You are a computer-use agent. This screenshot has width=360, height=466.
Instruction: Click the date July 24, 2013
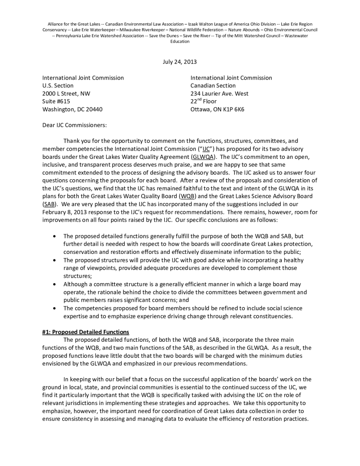pos(180,62)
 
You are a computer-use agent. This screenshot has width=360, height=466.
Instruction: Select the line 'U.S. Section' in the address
pos(58,86)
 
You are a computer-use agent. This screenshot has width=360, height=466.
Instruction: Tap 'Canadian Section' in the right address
pos(213,86)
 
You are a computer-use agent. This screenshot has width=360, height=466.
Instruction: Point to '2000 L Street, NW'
pos(66,94)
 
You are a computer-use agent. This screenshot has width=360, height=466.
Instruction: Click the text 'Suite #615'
pos(56,101)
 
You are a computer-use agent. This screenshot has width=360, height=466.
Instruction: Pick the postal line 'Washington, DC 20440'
pos(72,109)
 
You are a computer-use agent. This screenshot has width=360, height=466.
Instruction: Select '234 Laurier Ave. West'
pos(219,94)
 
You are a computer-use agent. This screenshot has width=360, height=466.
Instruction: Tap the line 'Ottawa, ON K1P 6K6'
pos(218,109)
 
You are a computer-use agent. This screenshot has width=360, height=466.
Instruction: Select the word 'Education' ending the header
pos(180,41)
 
